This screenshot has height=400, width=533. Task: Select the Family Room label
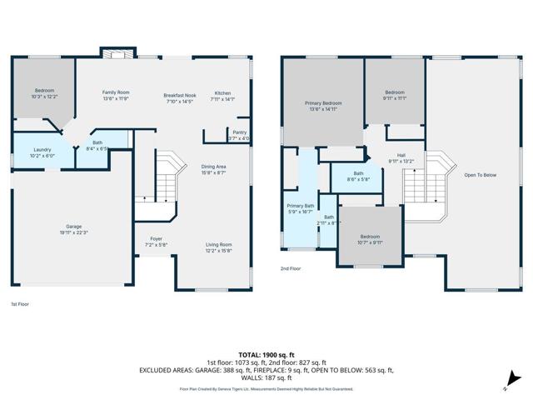pyautogui.click(x=117, y=95)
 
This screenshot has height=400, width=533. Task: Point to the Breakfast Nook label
pyautogui.click(x=180, y=98)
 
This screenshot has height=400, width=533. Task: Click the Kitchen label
pyautogui.click(x=222, y=95)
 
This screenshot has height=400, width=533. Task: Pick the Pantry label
pyautogui.click(x=240, y=135)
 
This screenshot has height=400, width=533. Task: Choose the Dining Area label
pyautogui.click(x=214, y=169)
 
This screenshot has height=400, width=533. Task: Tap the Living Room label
pyautogui.click(x=219, y=247)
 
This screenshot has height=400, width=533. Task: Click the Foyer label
pyautogui.click(x=156, y=242)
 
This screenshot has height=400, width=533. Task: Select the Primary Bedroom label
pyautogui.click(x=322, y=106)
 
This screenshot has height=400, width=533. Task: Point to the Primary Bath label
pyautogui.click(x=301, y=208)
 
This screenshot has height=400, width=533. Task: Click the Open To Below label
pyautogui.click(x=481, y=175)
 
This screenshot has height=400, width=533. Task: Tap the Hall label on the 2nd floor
pyautogui.click(x=401, y=158)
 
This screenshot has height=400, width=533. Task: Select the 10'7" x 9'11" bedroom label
pyautogui.click(x=370, y=239)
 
